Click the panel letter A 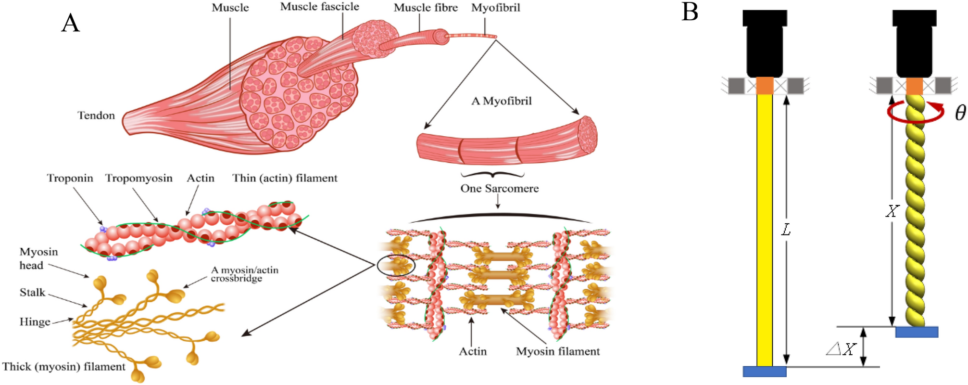tap(70, 23)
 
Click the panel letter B tap(690, 12)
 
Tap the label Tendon tap(96, 115)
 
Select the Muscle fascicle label tap(319, 7)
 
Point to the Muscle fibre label tap(426, 8)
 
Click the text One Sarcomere tap(499, 189)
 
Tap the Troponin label tap(70, 178)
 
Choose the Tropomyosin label tap(138, 178)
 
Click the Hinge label tap(35, 322)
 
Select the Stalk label tap(32, 293)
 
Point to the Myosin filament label tap(557, 352)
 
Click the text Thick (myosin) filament tap(63, 367)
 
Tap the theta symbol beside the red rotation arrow tap(960, 113)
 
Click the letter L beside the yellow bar tap(786, 231)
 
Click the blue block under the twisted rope tap(917, 332)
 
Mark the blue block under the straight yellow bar tap(764, 372)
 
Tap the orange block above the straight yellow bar tap(765, 86)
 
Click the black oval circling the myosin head tap(396, 265)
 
